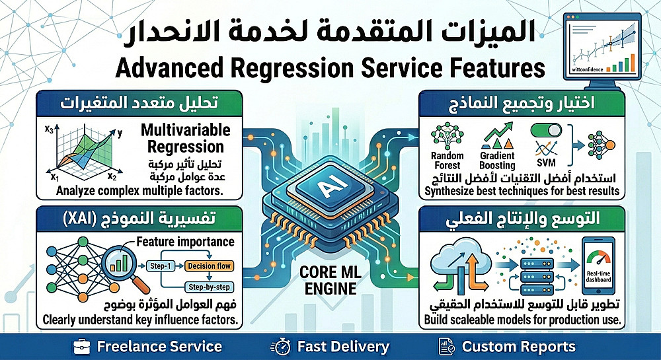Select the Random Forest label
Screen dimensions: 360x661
447,161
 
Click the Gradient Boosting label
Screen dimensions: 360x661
497,161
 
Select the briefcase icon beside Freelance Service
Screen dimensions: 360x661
83,346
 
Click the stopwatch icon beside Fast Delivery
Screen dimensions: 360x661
281,346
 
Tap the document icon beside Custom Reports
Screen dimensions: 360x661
447,346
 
